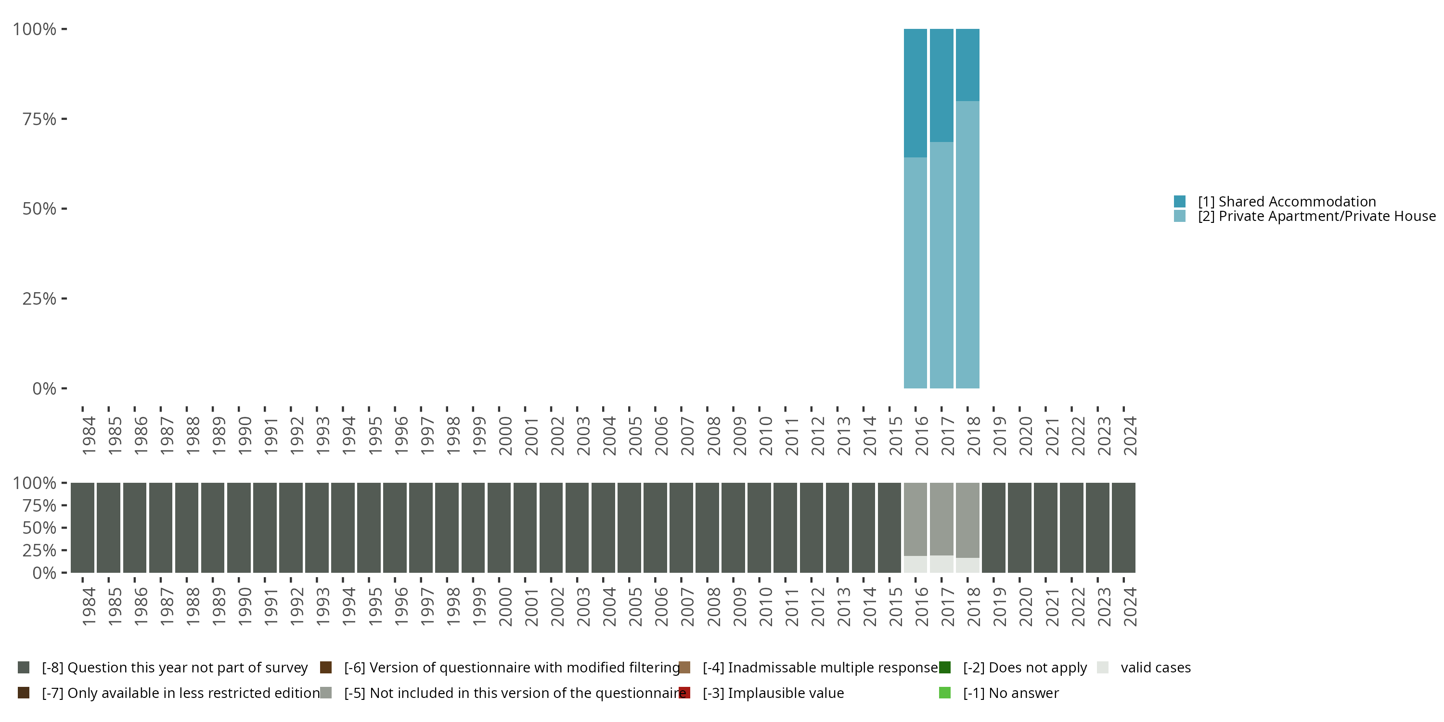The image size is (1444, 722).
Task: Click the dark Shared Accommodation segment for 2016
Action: pyautogui.click(x=915, y=92)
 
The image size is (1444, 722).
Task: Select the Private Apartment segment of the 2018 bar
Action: pyautogui.click(x=967, y=245)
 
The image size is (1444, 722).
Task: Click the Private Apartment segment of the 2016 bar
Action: pyautogui.click(x=915, y=272)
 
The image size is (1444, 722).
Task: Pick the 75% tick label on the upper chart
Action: pyautogui.click(x=39, y=119)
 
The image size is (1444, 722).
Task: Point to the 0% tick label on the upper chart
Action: pyautogui.click(x=44, y=388)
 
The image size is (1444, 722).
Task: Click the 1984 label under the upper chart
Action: pyautogui.click(x=89, y=436)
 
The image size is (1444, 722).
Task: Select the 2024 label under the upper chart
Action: pyautogui.click(x=1130, y=436)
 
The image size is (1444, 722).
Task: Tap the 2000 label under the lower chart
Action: pyautogui.click(x=505, y=606)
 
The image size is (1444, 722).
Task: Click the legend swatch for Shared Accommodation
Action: pyautogui.click(x=1179, y=201)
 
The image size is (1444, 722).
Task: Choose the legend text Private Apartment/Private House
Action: pyautogui.click(x=1315, y=217)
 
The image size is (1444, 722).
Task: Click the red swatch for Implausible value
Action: pyautogui.click(x=684, y=693)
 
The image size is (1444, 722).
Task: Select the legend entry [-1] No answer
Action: pyautogui.click(x=1011, y=693)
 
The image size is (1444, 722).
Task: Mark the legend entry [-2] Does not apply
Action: pyautogui.click(x=1025, y=668)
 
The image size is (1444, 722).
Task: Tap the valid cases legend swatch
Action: pyautogui.click(x=1103, y=668)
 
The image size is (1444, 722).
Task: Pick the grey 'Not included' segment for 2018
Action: pyautogui.click(x=967, y=520)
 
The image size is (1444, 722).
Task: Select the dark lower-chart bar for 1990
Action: pyautogui.click(x=239, y=528)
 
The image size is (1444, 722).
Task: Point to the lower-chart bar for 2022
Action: pyautogui.click(x=1071, y=528)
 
